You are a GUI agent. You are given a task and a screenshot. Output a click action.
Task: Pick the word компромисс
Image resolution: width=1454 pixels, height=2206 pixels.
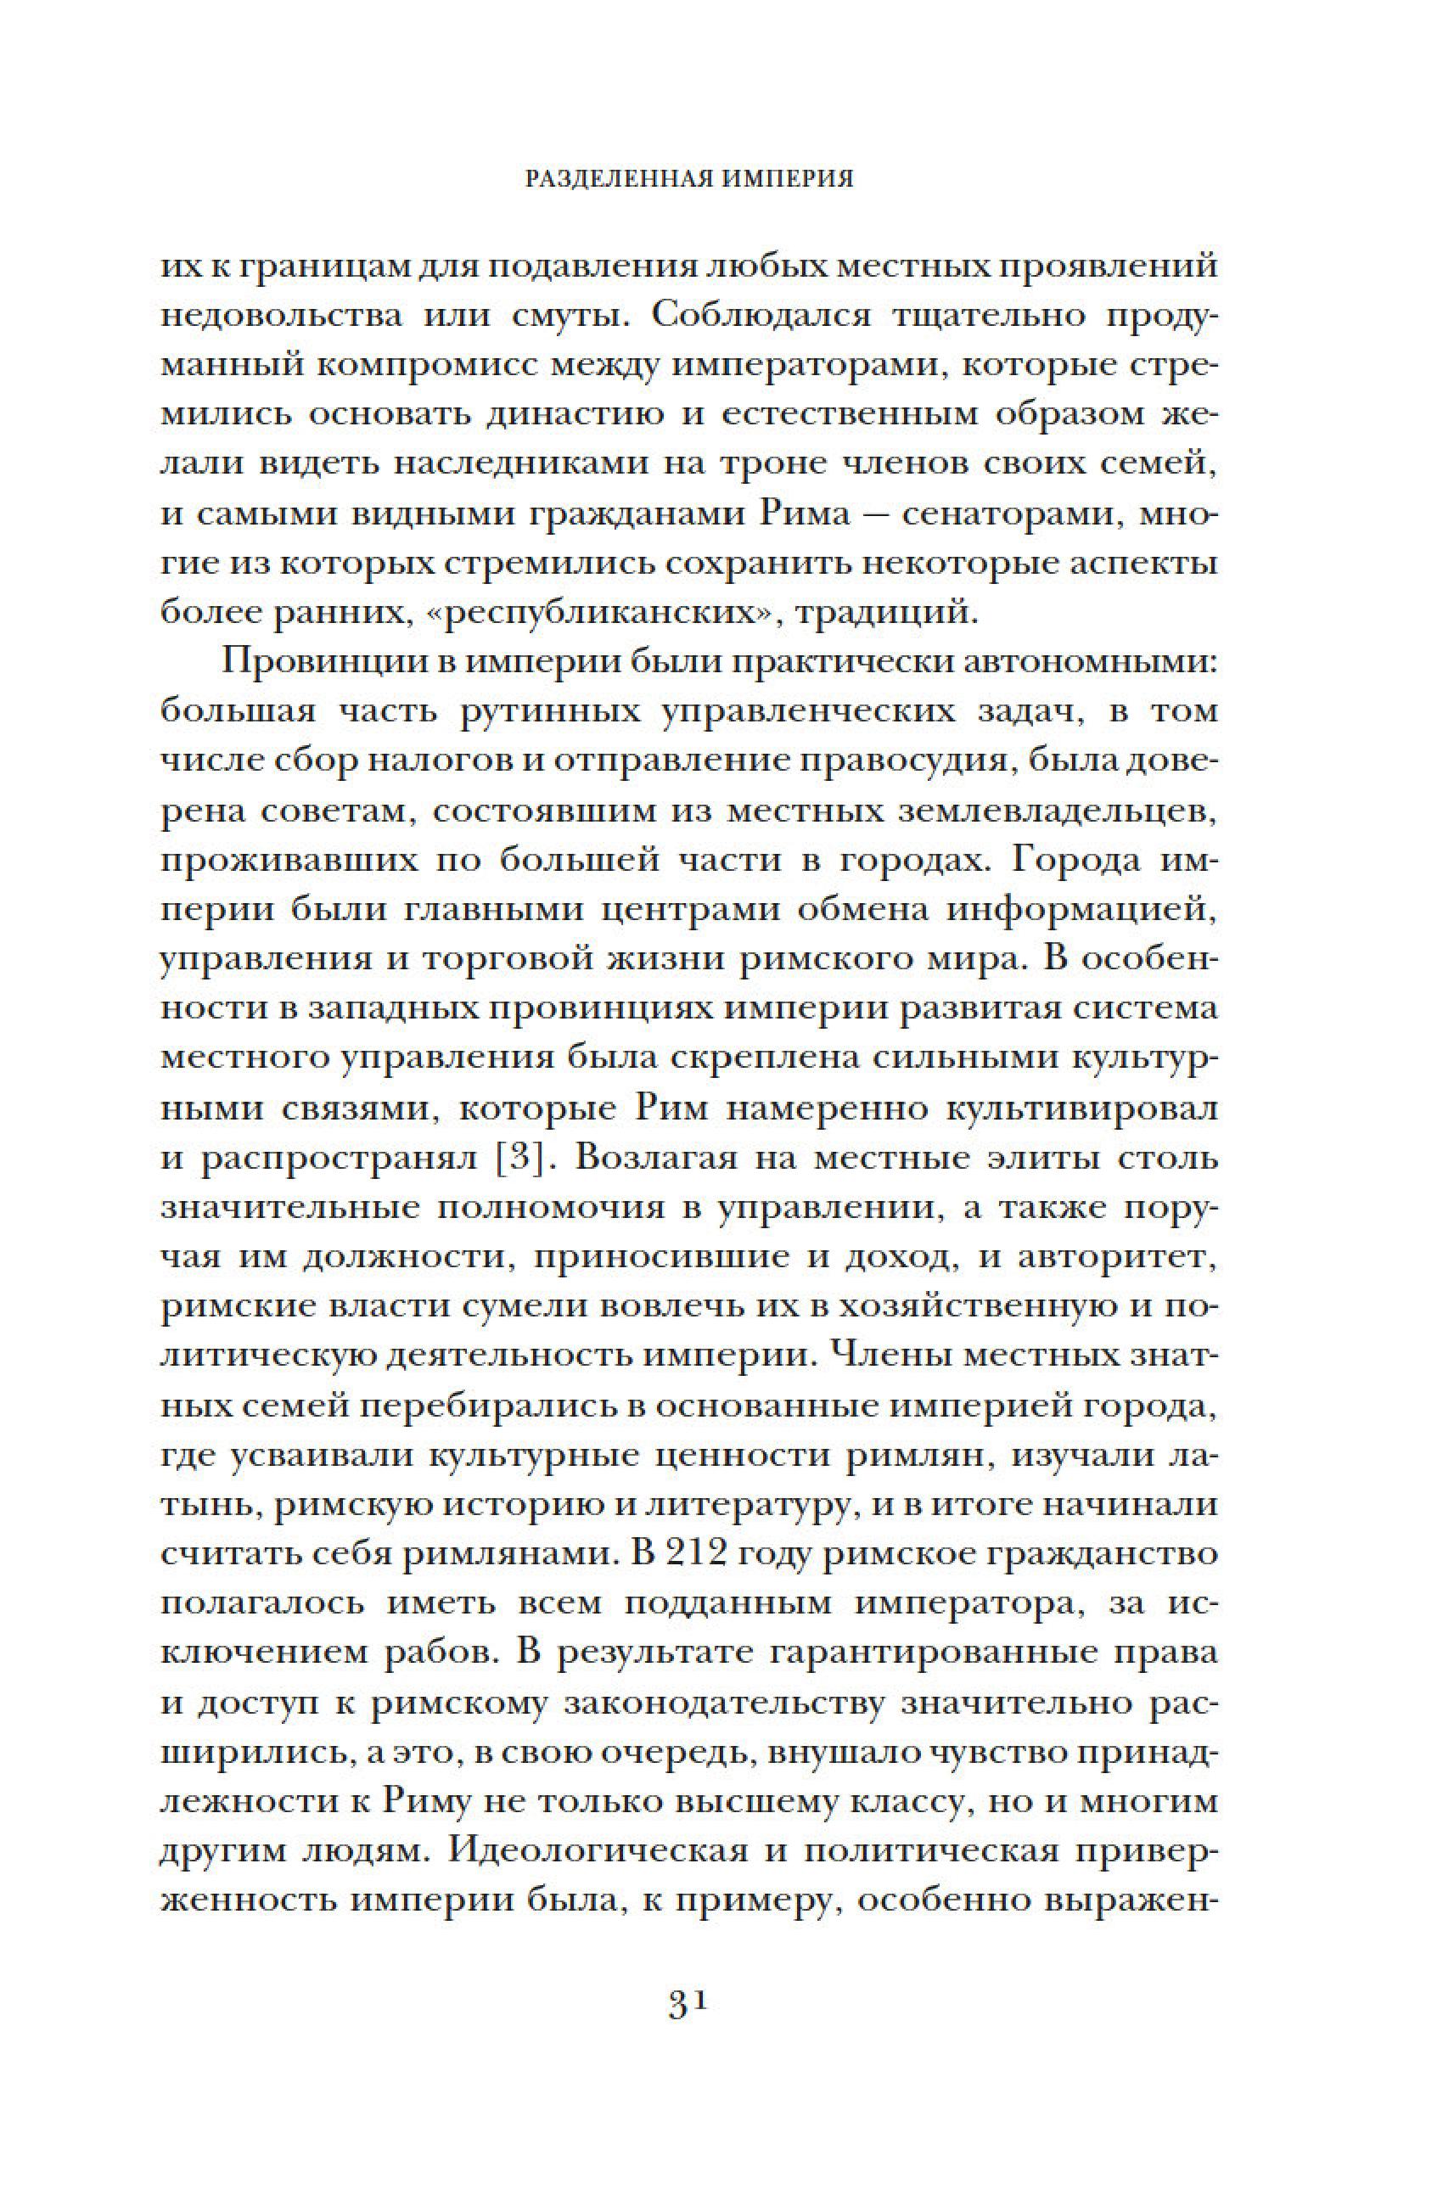pos(424,365)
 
